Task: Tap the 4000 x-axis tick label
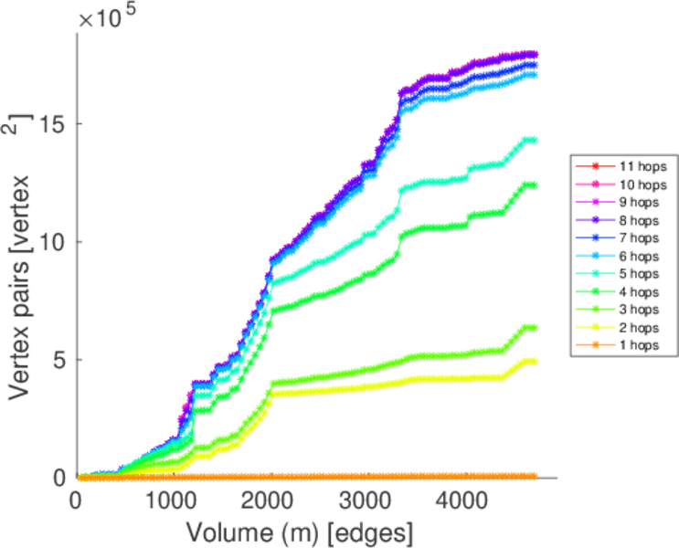pos(462,501)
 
